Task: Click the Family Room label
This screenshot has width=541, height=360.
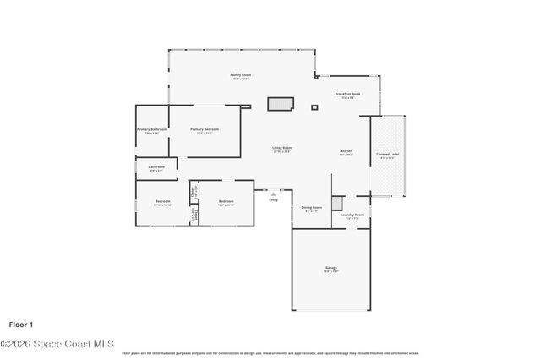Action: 240,75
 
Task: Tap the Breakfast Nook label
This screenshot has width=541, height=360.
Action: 348,95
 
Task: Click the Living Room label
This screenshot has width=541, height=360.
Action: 281,149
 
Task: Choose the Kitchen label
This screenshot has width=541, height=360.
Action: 347,152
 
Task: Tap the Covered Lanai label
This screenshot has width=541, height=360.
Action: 388,156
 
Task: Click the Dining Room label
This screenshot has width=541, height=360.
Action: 312,208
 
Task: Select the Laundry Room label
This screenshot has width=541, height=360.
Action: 352,215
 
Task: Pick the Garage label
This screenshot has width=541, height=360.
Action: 331,270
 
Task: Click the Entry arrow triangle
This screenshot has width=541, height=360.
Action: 273,194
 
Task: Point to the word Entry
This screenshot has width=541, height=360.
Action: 273,199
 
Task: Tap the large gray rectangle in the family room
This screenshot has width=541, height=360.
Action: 280,104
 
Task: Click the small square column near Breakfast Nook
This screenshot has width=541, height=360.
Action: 314,107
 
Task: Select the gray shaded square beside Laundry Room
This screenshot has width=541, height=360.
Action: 337,203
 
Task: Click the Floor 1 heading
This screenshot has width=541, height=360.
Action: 21,324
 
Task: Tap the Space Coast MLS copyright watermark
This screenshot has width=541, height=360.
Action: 58,343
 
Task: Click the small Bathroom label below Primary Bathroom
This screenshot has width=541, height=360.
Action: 156,167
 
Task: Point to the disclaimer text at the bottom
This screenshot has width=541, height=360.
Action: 270,353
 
